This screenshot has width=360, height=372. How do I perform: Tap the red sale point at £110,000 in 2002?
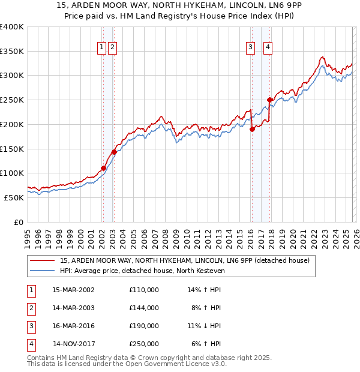point(103,169)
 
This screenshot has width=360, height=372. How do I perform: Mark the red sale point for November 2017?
point(270,100)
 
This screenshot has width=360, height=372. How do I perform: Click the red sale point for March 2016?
point(252,129)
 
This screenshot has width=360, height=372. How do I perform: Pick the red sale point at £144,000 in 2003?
point(114,152)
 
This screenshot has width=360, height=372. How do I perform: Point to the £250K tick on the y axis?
point(12,100)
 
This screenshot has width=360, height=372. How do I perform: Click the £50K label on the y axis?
point(13,197)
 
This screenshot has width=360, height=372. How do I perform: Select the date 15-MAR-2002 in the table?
point(73,290)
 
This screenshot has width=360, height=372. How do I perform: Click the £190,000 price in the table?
point(143,326)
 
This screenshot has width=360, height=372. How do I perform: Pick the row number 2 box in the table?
point(31,308)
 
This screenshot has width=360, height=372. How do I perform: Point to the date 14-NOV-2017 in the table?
point(74,344)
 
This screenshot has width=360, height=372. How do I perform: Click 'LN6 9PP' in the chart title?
point(276,7)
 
